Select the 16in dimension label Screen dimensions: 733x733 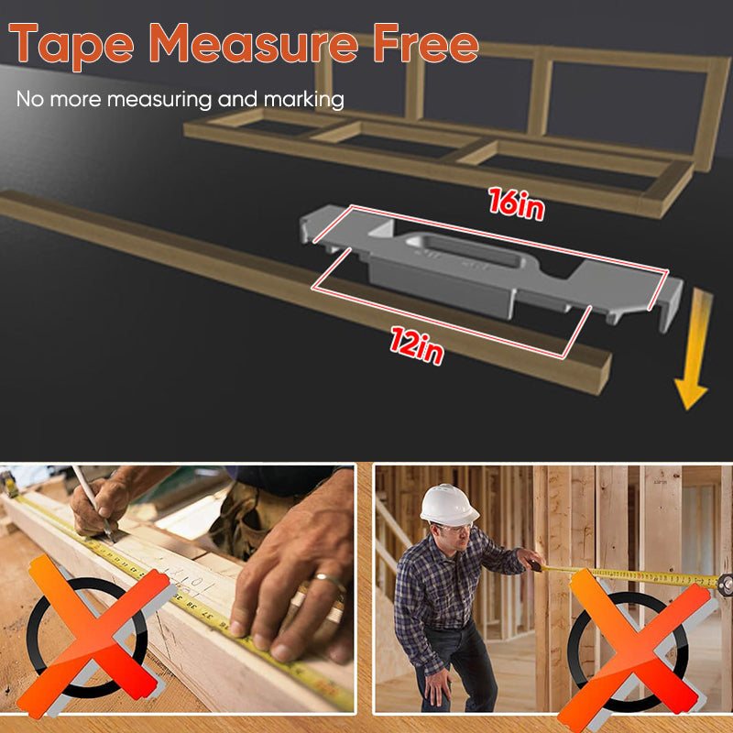tap(515, 203)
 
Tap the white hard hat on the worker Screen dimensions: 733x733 tap(449, 503)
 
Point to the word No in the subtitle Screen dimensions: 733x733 tap(28, 99)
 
